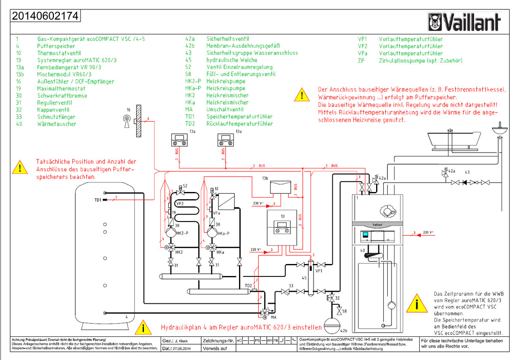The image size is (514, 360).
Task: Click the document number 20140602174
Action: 45,16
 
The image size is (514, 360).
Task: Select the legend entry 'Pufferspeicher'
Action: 56,46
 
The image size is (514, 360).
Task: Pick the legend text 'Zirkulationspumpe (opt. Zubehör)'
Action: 421,60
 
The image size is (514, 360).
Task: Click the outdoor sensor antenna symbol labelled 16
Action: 127,119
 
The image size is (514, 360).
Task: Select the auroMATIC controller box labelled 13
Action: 281,228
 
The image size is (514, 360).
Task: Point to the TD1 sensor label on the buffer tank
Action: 98,200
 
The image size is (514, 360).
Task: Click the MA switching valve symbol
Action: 266,312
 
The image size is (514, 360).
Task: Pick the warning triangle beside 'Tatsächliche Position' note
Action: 19,167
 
